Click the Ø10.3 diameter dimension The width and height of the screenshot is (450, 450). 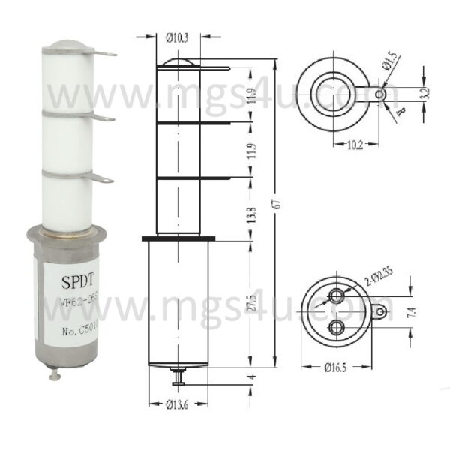pos(178,35)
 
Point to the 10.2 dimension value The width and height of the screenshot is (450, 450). pos(352,146)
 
